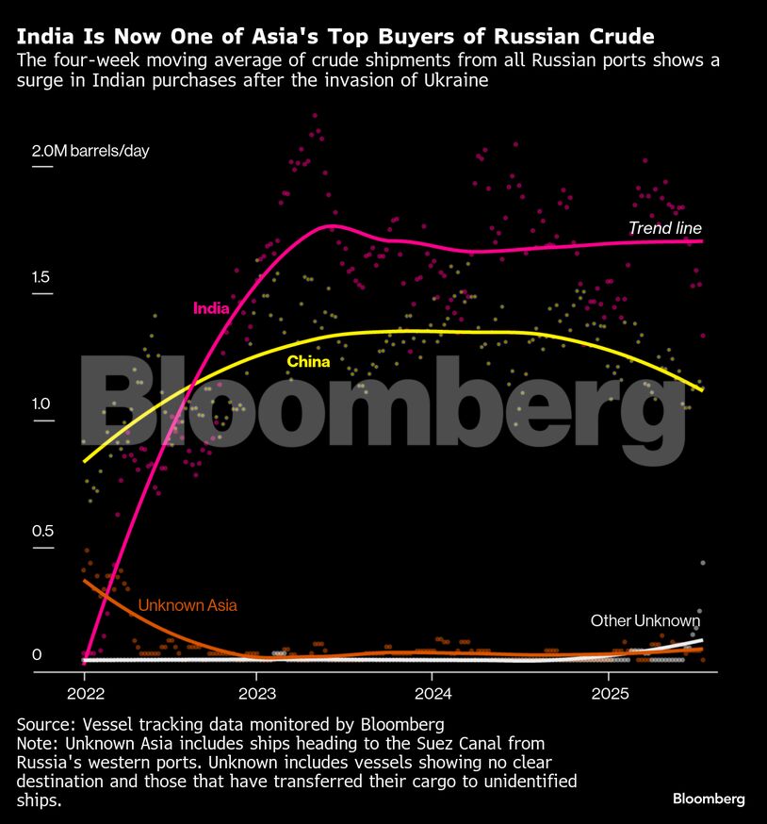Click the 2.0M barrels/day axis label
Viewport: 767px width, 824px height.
90,151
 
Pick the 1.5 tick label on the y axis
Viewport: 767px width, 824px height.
43,278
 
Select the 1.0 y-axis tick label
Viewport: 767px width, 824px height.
43,404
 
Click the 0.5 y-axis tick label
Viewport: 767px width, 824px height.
43,531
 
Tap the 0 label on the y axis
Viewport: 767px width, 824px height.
38,655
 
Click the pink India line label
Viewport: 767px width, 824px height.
210,307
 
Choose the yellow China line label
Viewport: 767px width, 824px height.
308,361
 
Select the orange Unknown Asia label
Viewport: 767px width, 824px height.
188,605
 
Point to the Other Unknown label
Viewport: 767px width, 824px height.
645,620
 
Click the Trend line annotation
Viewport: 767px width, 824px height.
665,228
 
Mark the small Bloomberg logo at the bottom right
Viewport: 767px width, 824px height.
709,799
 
